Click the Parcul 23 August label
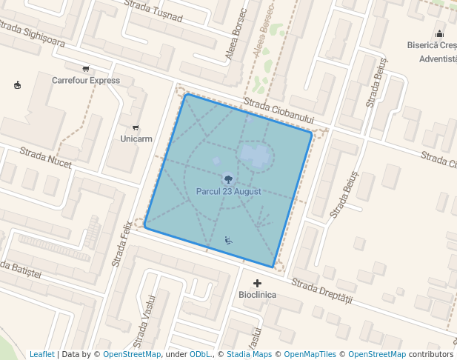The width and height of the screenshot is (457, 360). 228,191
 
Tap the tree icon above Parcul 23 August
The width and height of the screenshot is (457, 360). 228,179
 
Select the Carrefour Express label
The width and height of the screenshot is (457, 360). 86,80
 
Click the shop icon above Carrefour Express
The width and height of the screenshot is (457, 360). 87,69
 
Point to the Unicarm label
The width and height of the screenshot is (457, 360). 136,139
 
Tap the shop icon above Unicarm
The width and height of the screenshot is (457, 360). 136,127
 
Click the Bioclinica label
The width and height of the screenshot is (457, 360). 257,295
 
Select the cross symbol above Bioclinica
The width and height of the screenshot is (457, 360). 257,283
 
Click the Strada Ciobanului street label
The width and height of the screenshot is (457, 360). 278,112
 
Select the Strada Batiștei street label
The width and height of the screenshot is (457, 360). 20,270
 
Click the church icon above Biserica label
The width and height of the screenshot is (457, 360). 440,33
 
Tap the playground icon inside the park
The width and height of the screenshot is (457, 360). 228,239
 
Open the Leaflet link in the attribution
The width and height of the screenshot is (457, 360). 42,354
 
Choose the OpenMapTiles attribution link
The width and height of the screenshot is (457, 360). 310,354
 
